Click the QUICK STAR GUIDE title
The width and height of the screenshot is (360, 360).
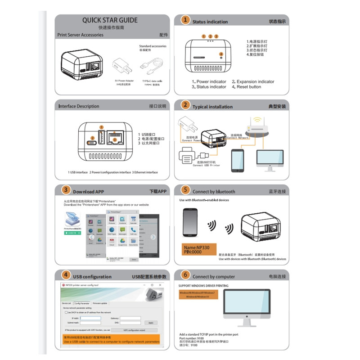pos(110,20)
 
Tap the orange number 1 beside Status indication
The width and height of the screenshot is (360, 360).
pos(185,20)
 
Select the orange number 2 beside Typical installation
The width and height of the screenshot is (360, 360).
pos(185,105)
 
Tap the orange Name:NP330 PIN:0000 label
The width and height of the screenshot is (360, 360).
pos(198,250)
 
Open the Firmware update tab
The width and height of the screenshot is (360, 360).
pos(100,303)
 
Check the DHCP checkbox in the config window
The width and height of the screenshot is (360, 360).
pos(67,312)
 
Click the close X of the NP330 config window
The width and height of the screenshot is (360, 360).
pos(161,285)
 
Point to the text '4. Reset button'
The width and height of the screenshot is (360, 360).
pos(249,87)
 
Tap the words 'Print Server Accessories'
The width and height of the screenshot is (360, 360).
pos(81,35)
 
